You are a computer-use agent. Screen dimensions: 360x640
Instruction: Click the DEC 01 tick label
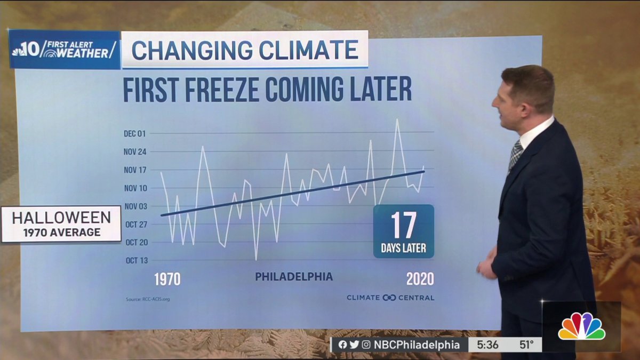tap(134, 133)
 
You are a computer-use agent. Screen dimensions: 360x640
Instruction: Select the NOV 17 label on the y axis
tap(134, 170)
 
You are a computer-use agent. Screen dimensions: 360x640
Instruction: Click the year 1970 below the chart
tap(167, 279)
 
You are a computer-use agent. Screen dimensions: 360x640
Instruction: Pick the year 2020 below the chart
tap(420, 279)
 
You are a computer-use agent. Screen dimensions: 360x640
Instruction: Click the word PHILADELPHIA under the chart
tap(294, 276)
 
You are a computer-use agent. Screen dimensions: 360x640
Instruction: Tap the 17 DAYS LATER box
tap(403, 231)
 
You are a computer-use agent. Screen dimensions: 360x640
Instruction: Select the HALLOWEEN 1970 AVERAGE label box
tap(61, 224)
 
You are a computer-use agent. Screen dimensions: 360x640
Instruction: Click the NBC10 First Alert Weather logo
tap(64, 50)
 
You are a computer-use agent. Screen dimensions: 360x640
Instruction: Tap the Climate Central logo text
tap(390, 298)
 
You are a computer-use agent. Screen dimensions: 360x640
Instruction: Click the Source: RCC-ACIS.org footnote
tap(148, 299)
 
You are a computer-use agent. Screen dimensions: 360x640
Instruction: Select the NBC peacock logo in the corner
tap(581, 326)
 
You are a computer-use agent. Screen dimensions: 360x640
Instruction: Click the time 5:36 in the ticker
tap(488, 345)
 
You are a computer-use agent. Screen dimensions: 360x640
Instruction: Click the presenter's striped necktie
tap(515, 155)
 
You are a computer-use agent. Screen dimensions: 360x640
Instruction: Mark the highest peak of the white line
tap(397, 119)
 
